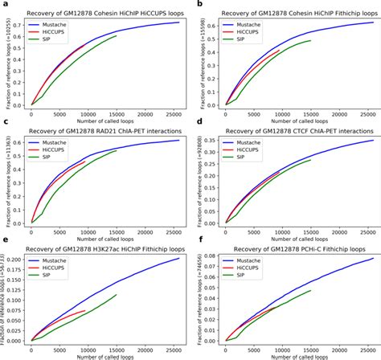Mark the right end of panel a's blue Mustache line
(179, 22)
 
